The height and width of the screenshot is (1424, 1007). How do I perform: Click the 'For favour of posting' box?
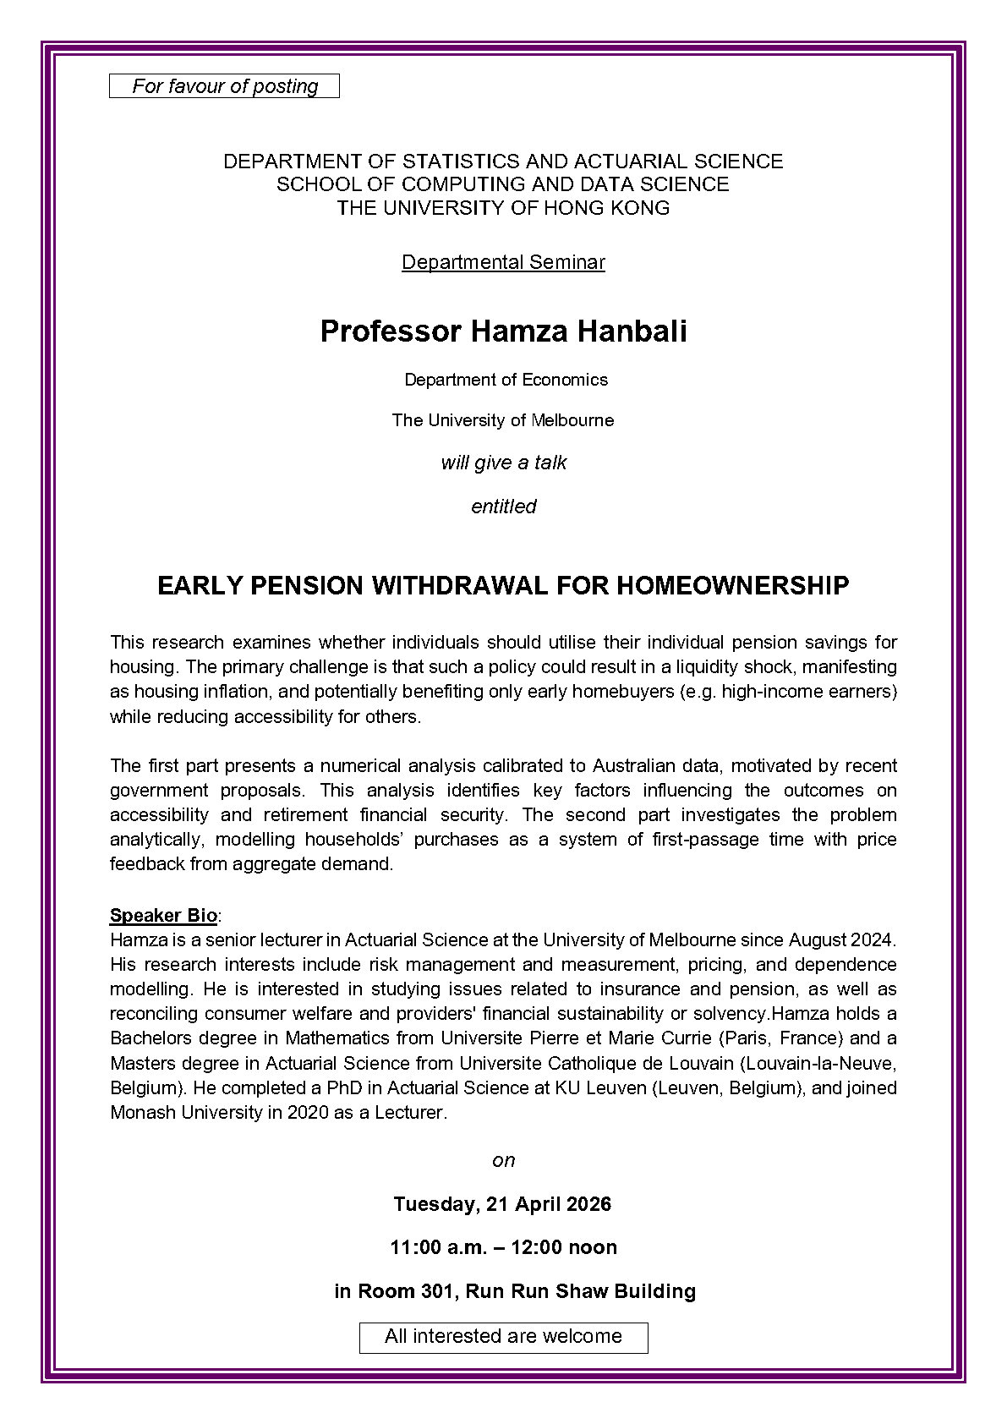(x=224, y=86)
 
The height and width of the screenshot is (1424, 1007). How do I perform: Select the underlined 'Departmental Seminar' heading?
(x=503, y=262)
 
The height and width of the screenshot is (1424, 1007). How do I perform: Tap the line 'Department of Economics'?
(x=506, y=380)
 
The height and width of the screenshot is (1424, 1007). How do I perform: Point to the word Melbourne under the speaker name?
(x=572, y=420)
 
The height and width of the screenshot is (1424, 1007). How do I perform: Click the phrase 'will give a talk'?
(x=503, y=463)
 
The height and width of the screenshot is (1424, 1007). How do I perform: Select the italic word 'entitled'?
(x=503, y=507)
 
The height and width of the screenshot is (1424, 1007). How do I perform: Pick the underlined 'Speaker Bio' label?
(x=163, y=915)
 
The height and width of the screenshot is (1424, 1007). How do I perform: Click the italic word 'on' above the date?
(x=503, y=1160)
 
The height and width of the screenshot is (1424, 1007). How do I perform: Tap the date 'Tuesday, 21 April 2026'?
(x=502, y=1203)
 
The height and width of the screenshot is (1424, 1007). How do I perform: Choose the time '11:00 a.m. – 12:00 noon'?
(x=503, y=1247)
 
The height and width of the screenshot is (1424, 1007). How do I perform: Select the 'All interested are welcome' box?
(x=503, y=1337)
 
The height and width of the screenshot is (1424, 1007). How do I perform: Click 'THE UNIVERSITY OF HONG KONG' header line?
(x=503, y=208)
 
